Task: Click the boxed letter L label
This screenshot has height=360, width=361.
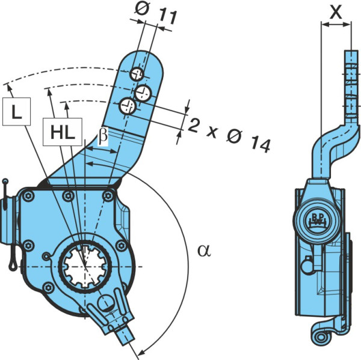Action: [17, 112]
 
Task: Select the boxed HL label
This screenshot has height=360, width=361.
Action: [63, 132]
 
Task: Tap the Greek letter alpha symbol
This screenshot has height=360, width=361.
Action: [204, 251]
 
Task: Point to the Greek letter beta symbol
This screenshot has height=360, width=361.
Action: [103, 136]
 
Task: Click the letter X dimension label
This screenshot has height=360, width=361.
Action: [336, 12]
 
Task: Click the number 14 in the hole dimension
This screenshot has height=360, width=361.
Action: [261, 144]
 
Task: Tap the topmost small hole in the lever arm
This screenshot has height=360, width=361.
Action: [137, 75]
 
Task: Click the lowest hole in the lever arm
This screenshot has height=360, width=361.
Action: [128, 106]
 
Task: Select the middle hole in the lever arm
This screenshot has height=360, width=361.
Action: [143, 93]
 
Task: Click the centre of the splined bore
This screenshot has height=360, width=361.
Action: [85, 267]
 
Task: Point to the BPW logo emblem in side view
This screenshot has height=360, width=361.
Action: [318, 220]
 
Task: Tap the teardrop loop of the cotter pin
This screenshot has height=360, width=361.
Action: [13, 264]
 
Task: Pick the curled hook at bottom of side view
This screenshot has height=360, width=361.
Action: [321, 337]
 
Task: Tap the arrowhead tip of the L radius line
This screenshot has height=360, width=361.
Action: [8, 84]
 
